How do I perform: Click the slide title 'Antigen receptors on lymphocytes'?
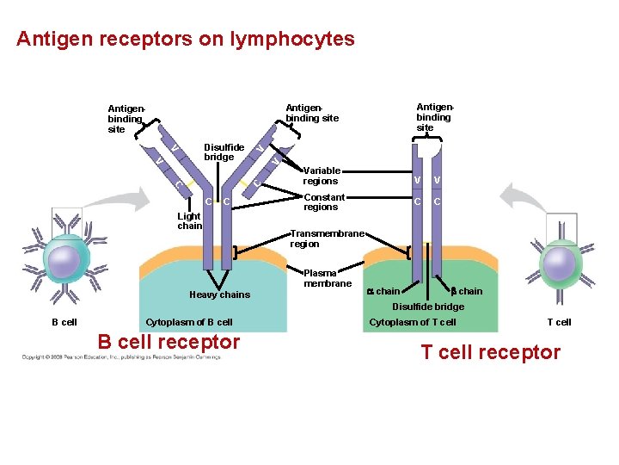coord(185,40)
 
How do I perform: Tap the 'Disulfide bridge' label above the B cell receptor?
coord(224,152)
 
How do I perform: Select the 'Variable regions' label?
coord(321,176)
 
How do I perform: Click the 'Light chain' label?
coord(189,220)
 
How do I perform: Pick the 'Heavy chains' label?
coord(219,294)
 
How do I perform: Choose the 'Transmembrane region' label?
coord(328,239)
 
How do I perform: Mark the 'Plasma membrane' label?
coord(328,278)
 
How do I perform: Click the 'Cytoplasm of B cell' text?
coord(189,322)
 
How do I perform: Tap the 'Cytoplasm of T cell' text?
coord(413,322)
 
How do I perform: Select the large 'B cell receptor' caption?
coord(169,342)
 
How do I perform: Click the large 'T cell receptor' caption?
coord(490,351)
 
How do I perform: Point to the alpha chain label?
coord(383,291)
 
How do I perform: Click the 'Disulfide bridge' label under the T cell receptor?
coord(428,307)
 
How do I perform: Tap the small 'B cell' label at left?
coord(64,322)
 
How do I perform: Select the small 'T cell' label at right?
coord(559,322)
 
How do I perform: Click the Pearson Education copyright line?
coord(120,356)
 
